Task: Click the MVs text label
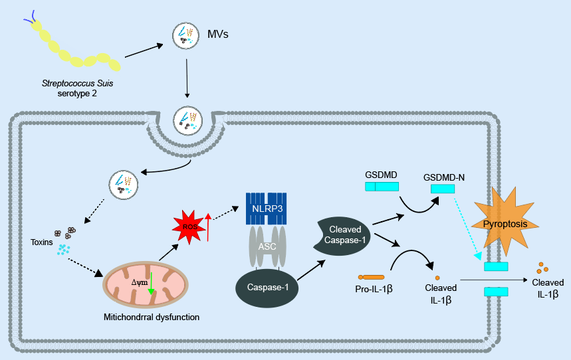click(x=218, y=34)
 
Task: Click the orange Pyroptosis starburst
click(x=505, y=223)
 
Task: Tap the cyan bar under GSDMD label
click(x=382, y=187)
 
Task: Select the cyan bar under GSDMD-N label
click(x=443, y=189)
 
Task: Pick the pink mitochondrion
click(x=146, y=285)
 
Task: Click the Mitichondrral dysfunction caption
click(x=152, y=317)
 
